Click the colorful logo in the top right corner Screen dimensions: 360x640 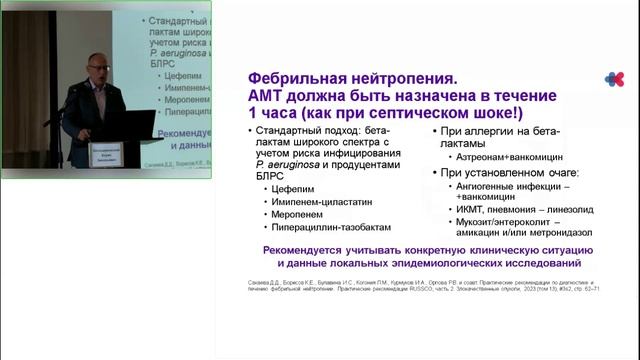613,78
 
